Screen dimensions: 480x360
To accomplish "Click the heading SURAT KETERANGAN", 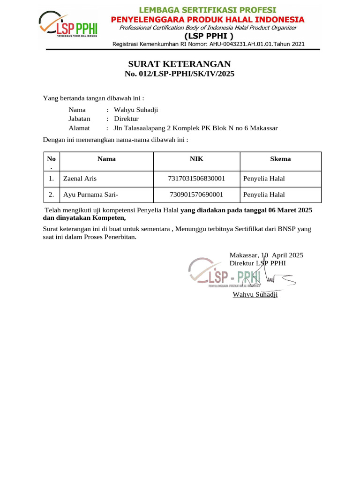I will (x=180, y=64).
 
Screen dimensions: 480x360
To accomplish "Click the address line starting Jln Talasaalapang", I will (x=193, y=128).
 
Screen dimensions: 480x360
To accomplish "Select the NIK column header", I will (x=196, y=159).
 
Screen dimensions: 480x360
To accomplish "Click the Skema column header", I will (x=280, y=159).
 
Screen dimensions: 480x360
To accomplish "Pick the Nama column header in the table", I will (x=106, y=159).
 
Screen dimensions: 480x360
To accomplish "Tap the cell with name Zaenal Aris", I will (x=80, y=179).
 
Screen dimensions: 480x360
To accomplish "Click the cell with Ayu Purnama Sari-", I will (x=90, y=195).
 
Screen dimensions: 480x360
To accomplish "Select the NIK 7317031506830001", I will (x=196, y=179).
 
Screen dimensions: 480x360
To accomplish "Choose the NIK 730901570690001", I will (x=196, y=195).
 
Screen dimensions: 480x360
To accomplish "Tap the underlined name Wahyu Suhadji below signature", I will (x=255, y=294).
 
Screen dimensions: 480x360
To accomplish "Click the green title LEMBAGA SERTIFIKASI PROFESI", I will (x=207, y=10).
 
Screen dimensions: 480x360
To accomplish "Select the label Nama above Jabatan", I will (x=77, y=110).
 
